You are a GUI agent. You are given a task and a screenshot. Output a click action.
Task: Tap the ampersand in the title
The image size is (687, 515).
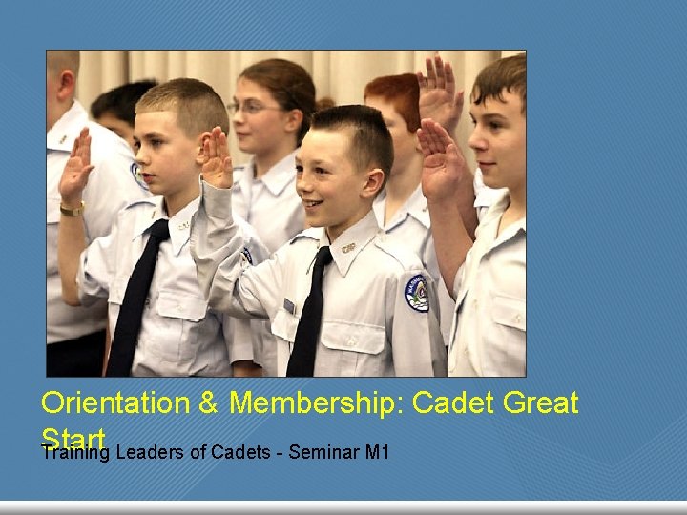coord(209,403)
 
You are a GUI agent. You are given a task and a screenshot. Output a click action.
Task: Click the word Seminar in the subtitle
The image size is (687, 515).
coord(323,451)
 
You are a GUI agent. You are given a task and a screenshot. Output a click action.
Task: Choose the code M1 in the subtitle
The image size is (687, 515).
coord(376,451)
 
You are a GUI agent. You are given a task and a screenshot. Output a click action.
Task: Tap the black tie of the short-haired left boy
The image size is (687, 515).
coord(135,296)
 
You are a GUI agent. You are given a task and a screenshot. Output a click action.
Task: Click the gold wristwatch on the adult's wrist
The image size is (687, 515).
coord(72,209)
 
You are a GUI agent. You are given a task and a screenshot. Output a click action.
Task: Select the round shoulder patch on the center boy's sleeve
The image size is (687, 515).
coord(416,293)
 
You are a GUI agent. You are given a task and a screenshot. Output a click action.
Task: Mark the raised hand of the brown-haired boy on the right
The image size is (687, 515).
coord(439,157)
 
